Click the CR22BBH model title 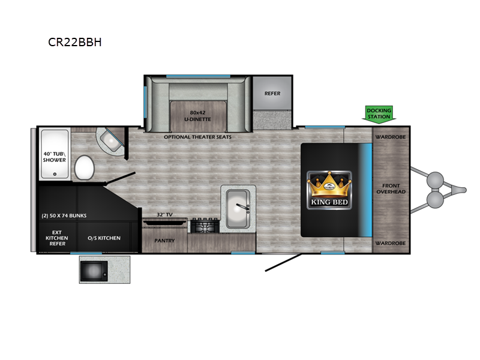(75, 43)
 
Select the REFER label (272, 94)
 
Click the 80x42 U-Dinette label (197, 116)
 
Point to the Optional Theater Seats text (197, 137)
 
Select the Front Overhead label (391, 188)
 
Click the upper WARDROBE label (391, 137)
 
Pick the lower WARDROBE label (391, 243)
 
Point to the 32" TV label (164, 215)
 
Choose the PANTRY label (164, 241)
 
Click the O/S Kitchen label (104, 238)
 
